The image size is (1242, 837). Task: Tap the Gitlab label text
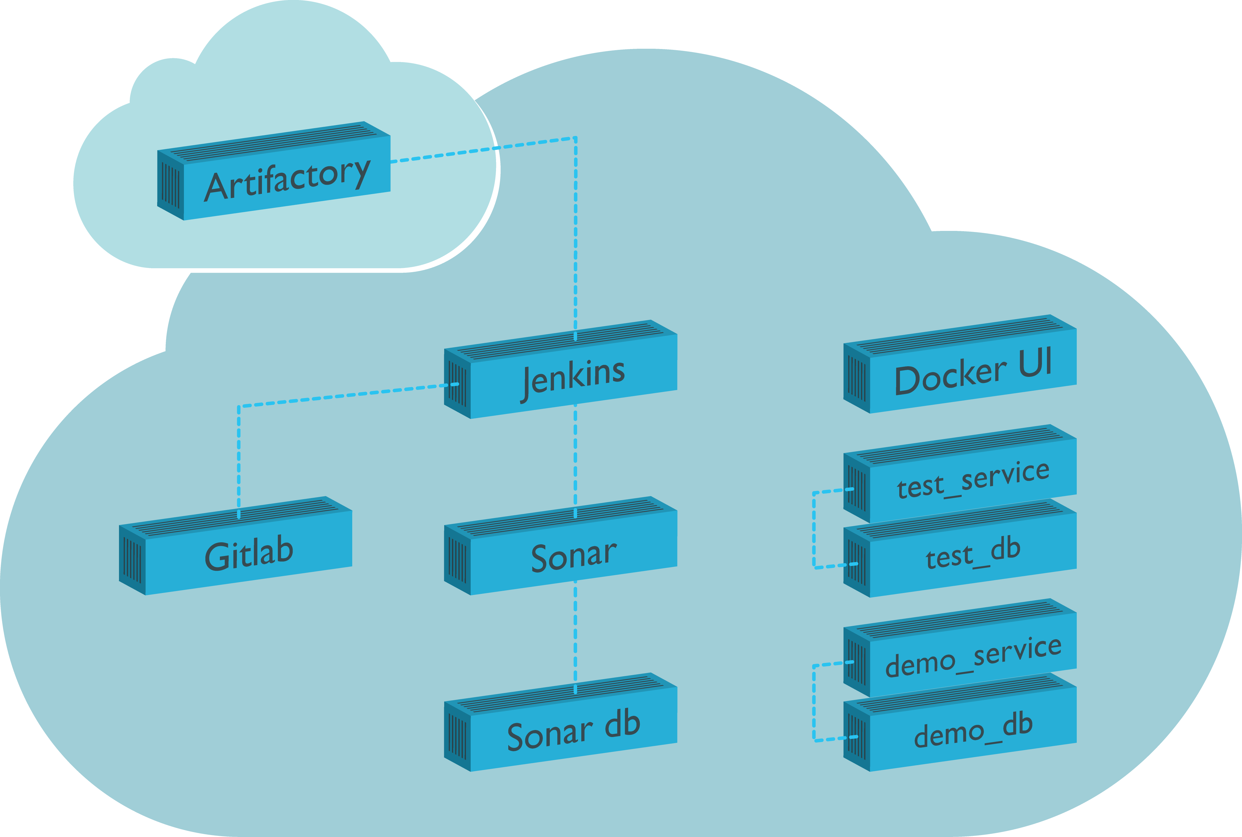(x=249, y=555)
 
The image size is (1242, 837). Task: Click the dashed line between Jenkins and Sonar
(x=575, y=459)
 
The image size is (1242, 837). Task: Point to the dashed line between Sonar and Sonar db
(x=575, y=635)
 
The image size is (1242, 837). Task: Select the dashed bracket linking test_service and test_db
(x=814, y=528)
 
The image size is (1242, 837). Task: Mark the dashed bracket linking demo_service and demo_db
(x=814, y=702)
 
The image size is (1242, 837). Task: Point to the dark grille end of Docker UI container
(x=857, y=379)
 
